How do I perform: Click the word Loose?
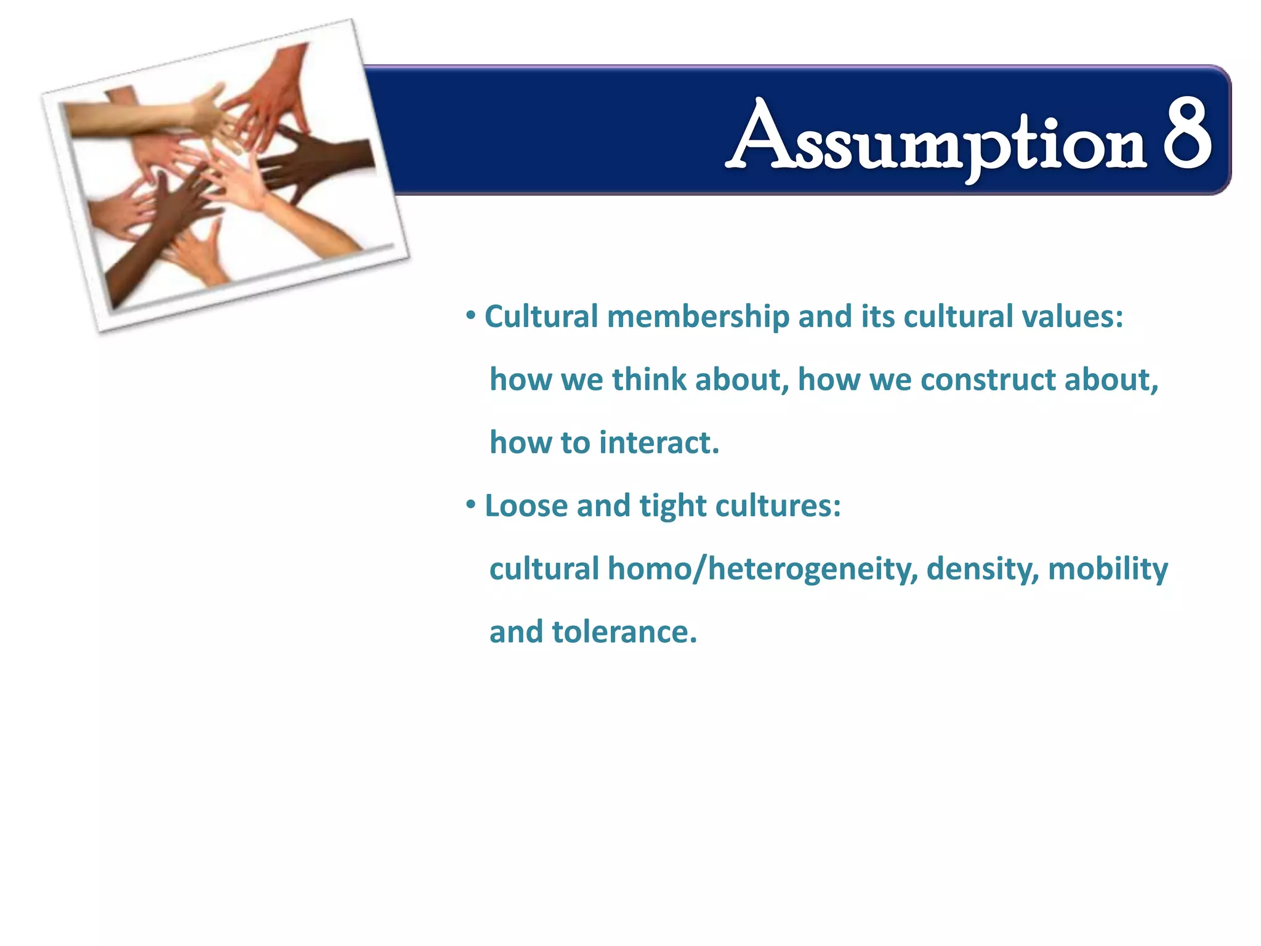[526, 506]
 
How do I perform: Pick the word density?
[982, 570]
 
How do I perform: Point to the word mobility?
[1107, 570]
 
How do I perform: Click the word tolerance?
[624, 633]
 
